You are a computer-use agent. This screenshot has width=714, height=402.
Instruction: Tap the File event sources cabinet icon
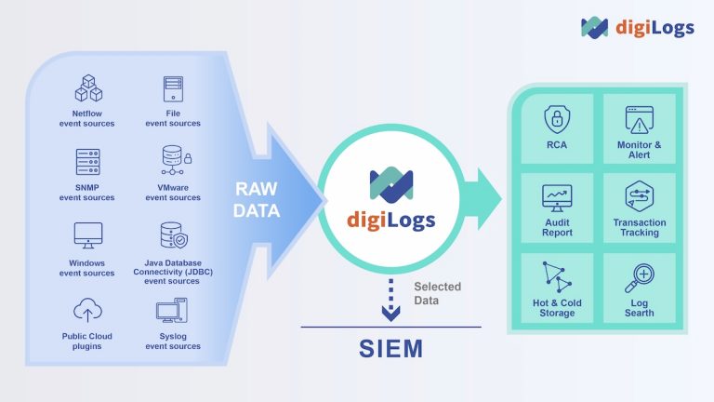[x=173, y=89]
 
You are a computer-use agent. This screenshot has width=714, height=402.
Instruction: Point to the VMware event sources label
[x=173, y=192]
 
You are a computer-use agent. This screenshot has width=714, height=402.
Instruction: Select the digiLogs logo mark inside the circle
[x=390, y=185]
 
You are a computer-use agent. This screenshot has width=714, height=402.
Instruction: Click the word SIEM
[x=390, y=350]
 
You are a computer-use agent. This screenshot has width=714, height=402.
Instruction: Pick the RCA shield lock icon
[x=557, y=119]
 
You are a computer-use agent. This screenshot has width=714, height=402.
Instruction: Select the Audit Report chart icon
[x=557, y=197]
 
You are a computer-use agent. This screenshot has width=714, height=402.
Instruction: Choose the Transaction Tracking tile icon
[x=640, y=197]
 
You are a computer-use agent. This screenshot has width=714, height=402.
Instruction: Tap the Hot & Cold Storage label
[x=557, y=307]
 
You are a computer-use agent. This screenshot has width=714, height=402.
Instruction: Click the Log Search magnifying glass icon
[x=640, y=278]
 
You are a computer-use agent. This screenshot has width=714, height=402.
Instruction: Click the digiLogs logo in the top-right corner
[x=637, y=27]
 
